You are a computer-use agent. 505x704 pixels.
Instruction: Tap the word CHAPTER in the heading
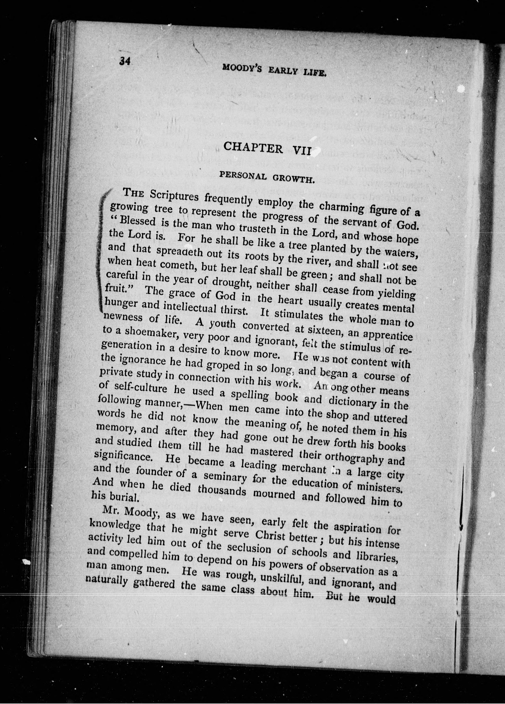253,147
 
